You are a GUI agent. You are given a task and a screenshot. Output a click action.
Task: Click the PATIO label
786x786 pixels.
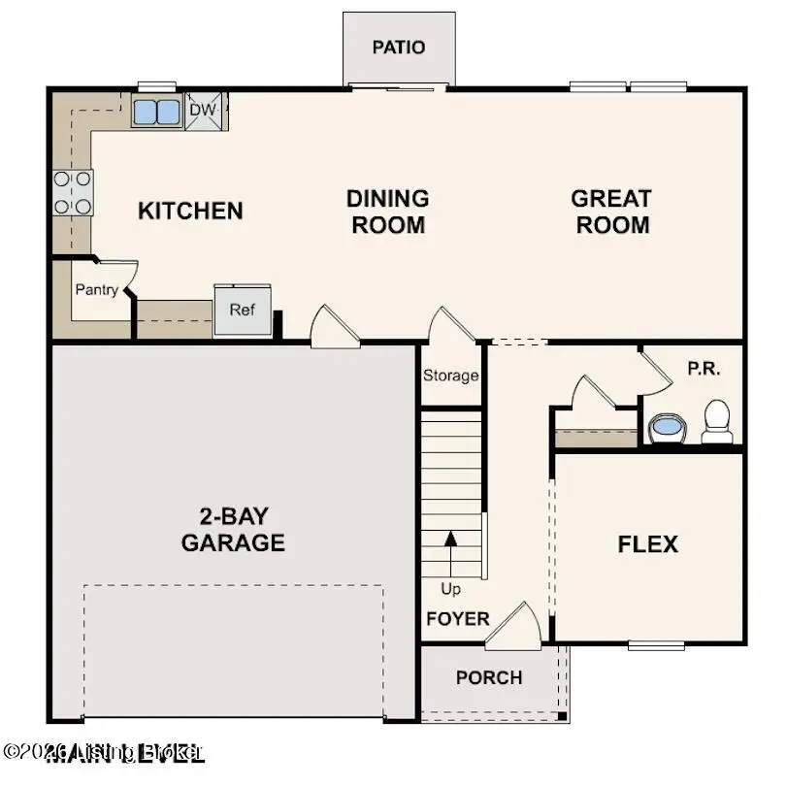(399, 48)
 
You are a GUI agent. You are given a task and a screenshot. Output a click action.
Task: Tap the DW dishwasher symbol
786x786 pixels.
(203, 110)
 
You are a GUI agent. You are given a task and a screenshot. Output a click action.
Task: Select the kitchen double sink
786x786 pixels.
(156, 112)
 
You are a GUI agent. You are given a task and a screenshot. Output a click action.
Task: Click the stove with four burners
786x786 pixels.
(73, 192)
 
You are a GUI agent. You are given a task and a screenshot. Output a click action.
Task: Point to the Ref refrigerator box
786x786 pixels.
(243, 311)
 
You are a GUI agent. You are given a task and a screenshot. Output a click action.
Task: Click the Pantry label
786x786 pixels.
(97, 289)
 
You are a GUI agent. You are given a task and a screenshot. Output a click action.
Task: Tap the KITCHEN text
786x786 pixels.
(190, 211)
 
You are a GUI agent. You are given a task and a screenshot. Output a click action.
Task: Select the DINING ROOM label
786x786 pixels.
(387, 212)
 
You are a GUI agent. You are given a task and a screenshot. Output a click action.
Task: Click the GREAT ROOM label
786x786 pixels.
(610, 212)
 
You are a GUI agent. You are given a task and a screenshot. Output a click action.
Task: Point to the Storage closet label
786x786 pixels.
(450, 376)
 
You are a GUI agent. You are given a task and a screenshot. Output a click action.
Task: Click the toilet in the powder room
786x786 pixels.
(717, 420)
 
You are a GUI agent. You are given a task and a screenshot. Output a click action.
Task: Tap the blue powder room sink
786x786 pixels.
(666, 426)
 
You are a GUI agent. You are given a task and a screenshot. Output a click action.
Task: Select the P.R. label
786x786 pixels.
(704, 370)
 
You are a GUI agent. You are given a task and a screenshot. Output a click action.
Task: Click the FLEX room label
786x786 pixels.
(648, 544)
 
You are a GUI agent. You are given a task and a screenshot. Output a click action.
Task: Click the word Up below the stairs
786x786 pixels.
(450, 589)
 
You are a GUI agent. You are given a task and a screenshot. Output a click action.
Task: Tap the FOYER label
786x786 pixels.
(457, 619)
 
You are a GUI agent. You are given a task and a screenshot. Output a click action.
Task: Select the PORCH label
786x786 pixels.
(489, 677)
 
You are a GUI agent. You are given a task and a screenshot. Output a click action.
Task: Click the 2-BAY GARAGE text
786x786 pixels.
(233, 529)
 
